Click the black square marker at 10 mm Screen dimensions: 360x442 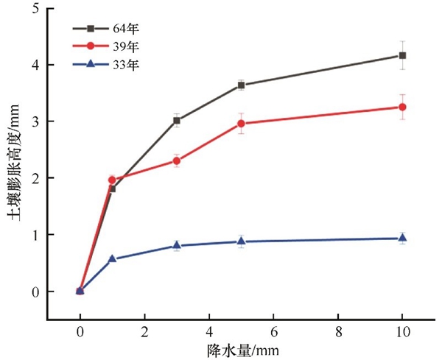pos(402,55)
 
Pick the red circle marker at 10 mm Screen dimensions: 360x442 pos(402,107)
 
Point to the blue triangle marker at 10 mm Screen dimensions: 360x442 pos(402,238)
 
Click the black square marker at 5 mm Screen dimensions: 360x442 pos(241,85)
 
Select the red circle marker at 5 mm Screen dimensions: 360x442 pos(241,124)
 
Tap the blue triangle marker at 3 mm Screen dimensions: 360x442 pos(177,245)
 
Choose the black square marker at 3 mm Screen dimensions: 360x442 pos(177,120)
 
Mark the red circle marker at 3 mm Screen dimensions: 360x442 pos(177,160)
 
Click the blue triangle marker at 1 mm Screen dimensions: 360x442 pos(112,258)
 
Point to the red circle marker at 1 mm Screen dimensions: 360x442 pos(112,180)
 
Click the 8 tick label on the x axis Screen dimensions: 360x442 pos(337,332)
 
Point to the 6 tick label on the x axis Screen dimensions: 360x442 pos(273,332)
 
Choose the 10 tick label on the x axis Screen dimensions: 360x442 pos(402,332)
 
